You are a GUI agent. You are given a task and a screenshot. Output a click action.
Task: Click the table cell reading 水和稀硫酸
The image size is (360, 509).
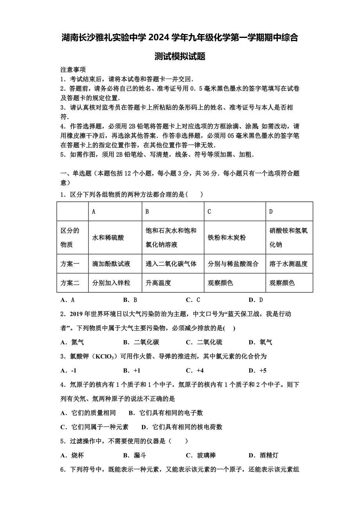[108, 238]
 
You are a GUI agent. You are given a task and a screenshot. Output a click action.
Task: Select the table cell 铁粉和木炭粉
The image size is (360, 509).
[227, 238]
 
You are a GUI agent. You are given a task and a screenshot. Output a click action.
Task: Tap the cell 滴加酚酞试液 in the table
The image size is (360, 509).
[111, 264]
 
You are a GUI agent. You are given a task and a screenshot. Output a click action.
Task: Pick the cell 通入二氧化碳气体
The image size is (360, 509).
[171, 264]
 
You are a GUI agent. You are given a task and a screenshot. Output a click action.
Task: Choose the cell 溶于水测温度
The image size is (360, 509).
[288, 264]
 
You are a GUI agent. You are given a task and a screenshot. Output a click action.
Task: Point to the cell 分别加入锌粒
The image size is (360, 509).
[111, 283]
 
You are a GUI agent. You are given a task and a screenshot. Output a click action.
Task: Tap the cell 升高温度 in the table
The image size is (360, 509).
[158, 283]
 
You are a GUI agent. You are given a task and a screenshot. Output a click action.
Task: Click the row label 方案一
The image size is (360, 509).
[70, 264]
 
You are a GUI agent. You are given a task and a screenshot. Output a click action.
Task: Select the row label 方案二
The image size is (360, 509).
[70, 283]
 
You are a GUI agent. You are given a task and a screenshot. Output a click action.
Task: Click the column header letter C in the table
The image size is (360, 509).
[209, 211]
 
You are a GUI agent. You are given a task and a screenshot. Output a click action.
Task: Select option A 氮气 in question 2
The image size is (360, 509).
[72, 342]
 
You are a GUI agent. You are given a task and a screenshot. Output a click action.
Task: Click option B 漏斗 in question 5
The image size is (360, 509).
[135, 455]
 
